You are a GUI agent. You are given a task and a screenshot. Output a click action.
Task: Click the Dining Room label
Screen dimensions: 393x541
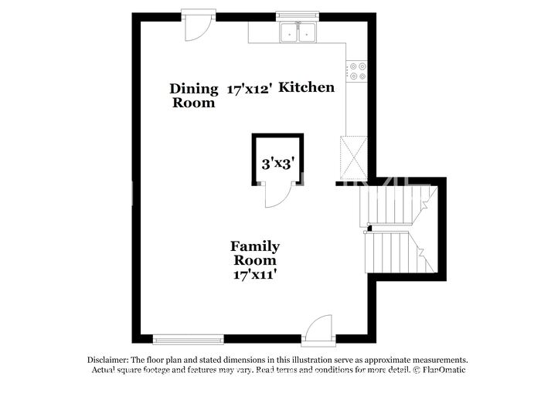[x=194, y=95]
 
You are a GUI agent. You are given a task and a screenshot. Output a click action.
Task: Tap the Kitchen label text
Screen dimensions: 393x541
[x=307, y=87]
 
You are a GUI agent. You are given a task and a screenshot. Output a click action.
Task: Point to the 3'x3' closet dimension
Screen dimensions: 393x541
[x=277, y=164]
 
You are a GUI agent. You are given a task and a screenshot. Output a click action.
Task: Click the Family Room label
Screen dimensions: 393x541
[x=255, y=253]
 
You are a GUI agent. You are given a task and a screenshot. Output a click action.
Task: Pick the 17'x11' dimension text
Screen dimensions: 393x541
[x=255, y=274]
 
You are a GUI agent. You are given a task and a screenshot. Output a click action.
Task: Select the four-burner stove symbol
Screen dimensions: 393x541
[x=357, y=71]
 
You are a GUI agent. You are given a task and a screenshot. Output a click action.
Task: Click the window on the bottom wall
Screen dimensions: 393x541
[x=188, y=338]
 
